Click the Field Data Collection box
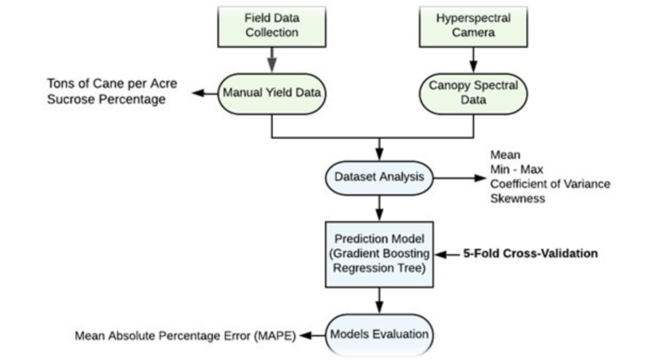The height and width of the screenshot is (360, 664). coord(272,26)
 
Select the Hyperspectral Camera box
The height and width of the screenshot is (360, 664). coord(473,26)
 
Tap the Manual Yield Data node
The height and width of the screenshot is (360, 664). coord(272,93)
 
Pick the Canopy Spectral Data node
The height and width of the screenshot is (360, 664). coord(473,93)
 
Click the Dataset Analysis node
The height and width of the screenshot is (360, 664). coord(379,178)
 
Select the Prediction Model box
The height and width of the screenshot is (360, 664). coord(379,254)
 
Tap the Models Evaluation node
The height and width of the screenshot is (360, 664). coord(379,334)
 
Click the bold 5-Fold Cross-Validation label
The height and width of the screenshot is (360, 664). coord(531,253)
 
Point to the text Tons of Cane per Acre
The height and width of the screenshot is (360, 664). coord(113,84)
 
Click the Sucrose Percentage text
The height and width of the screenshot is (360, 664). coord(106,99)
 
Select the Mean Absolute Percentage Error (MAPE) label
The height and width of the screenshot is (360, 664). coord(185,336)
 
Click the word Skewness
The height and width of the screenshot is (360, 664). coord(517,198)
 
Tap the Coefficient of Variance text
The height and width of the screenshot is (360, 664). coord(550,184)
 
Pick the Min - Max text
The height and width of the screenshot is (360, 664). coord(516,169)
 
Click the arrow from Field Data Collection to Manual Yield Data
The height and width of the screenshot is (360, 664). coord(272,60)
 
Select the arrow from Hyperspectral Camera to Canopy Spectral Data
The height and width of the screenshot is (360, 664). coord(473,60)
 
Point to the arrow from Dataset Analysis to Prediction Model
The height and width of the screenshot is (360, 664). coord(379,208)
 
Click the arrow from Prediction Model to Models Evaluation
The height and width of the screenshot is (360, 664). coord(379,301)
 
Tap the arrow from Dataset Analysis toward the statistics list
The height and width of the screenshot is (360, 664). coord(460,178)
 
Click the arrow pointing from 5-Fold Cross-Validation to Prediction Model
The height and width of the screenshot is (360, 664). coord(448,254)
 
